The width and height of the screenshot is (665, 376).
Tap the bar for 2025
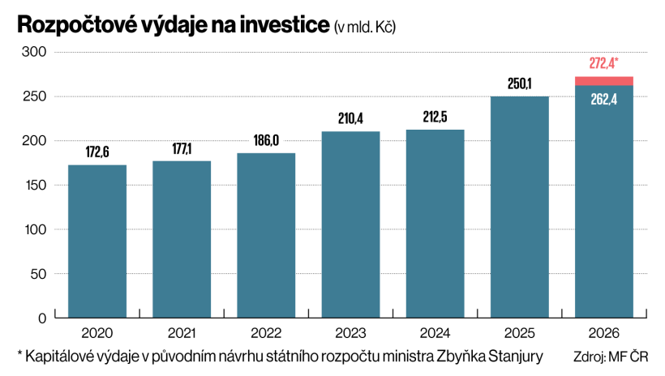(519, 207)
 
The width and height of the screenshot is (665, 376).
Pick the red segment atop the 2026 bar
(603, 80)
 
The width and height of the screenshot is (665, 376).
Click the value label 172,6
(97, 152)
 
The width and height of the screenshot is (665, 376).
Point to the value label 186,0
(266, 140)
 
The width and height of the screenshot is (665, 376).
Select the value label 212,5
(435, 117)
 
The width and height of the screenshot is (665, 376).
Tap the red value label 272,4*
(603, 63)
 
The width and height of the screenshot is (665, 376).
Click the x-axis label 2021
(182, 333)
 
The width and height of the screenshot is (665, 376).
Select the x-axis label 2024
(435, 333)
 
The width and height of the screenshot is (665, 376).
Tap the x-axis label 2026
(603, 333)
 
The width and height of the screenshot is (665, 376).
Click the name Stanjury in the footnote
(517, 357)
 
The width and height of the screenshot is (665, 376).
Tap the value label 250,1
(519, 83)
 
